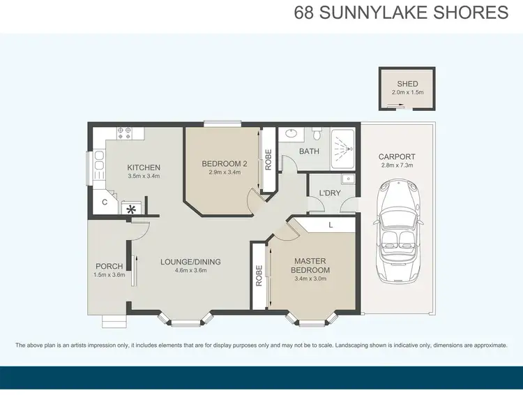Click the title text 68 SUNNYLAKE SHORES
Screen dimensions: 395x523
pos(401,13)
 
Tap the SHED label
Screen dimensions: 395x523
pos(407,84)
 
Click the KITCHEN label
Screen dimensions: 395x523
pos(144,167)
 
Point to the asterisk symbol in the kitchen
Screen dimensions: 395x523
pos(130,207)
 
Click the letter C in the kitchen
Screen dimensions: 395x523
pos(105,203)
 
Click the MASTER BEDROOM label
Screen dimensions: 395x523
pos(310,266)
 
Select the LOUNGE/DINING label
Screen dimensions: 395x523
pos(190,262)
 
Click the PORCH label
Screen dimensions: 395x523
pos(109,266)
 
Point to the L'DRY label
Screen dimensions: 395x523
pos(328,192)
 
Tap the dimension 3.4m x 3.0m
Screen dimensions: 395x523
pos(310,279)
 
